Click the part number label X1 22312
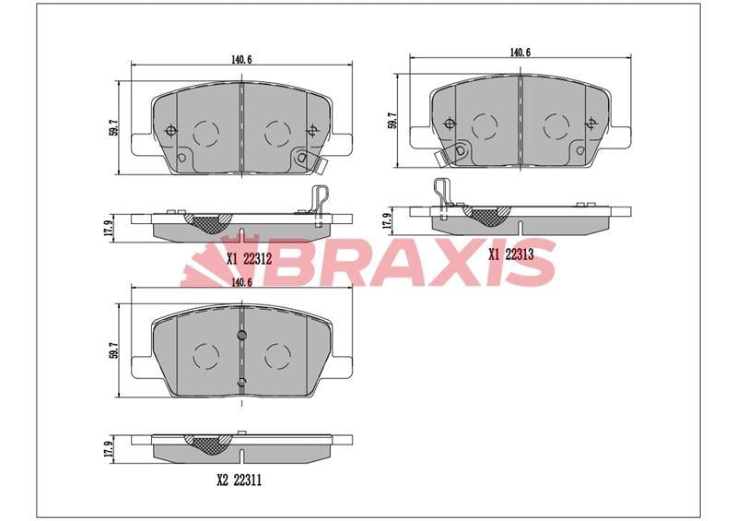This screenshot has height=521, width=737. click(249, 258)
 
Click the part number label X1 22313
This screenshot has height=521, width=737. click(511, 255)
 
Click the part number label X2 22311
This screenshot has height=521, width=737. click(239, 480)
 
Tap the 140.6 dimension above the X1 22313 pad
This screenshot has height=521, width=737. click(520, 53)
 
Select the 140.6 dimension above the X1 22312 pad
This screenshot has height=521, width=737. click(241, 60)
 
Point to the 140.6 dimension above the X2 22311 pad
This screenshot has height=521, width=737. click(241, 282)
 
